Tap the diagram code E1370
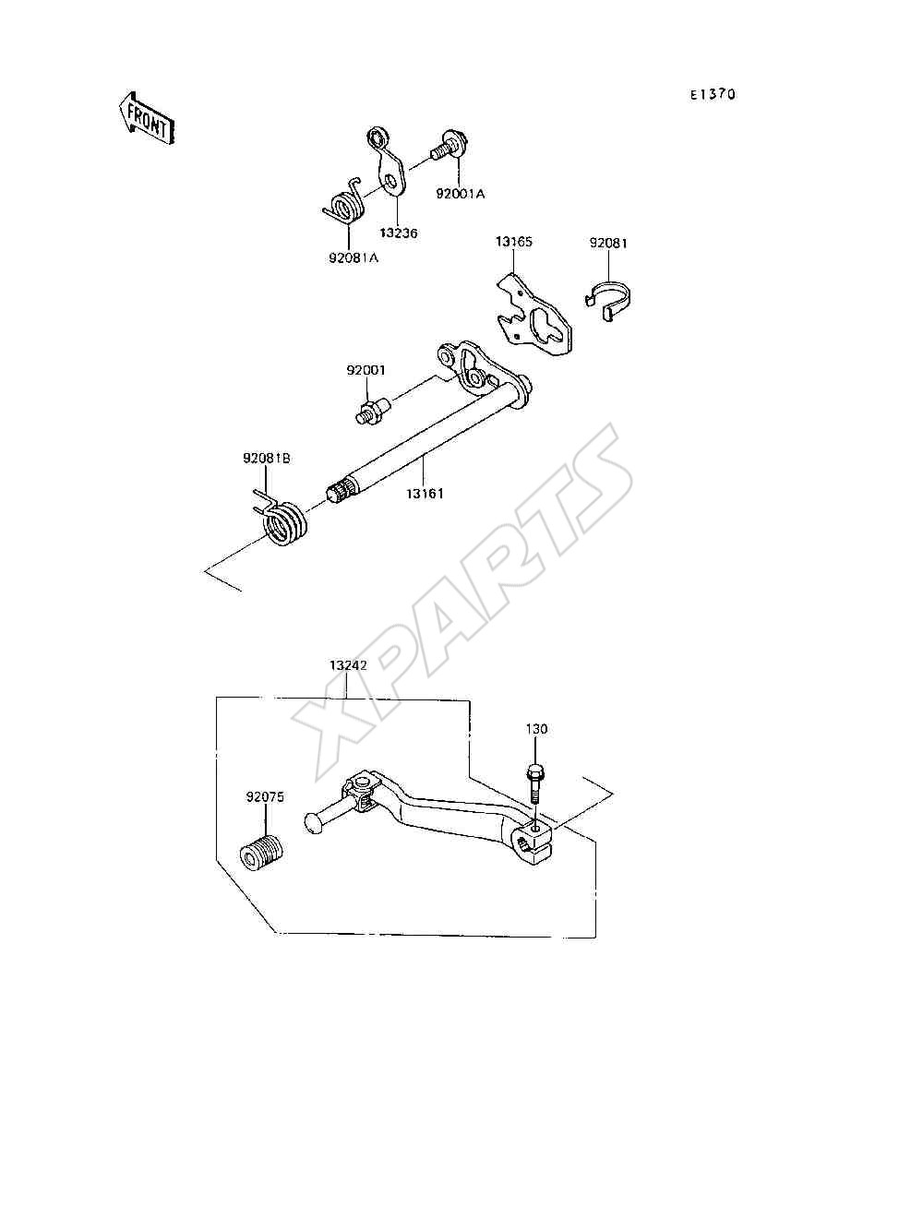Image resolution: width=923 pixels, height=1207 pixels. pyautogui.click(x=713, y=94)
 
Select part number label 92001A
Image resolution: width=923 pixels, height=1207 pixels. pyautogui.click(x=461, y=194)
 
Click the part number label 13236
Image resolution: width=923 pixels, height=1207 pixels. pyautogui.click(x=398, y=233)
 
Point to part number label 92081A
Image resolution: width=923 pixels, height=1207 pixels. pyautogui.click(x=354, y=257)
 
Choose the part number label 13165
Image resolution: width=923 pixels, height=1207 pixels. pyautogui.click(x=513, y=242)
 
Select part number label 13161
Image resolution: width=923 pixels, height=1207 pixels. pyautogui.click(x=425, y=494)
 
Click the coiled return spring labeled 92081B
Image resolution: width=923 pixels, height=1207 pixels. pyautogui.click(x=282, y=520)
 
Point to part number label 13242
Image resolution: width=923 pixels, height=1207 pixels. pyautogui.click(x=348, y=664)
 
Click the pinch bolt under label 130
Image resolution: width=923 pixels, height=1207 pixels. pyautogui.click(x=534, y=783)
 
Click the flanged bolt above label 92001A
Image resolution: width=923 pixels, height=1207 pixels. pyautogui.click(x=450, y=145)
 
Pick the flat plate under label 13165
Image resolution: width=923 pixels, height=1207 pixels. pyautogui.click(x=533, y=315)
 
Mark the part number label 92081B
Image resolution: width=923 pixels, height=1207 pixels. pyautogui.click(x=266, y=458)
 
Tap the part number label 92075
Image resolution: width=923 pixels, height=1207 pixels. pyautogui.click(x=265, y=796)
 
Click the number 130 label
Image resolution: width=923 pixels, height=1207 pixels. pyautogui.click(x=536, y=729)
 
